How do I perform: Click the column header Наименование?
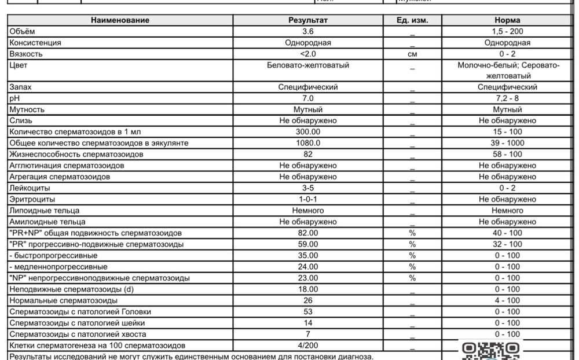tap(120, 20)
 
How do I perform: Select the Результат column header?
tap(308, 20)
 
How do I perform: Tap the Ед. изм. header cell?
tap(412, 20)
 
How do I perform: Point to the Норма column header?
tap(508, 20)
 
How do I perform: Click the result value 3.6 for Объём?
tap(308, 31)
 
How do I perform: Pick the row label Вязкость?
tap(26, 54)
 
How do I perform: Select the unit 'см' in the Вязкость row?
tap(412, 54)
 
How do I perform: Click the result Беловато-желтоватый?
tap(308, 65)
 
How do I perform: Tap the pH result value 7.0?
tap(308, 98)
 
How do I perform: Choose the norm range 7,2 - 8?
tap(508, 98)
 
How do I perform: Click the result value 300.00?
tap(308, 132)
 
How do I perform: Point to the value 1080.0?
tap(308, 143)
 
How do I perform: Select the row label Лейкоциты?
tap(30, 188)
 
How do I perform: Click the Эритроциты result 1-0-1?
tap(308, 199)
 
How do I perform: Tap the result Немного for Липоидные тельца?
tap(308, 211)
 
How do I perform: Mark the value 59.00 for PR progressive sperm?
tap(308, 244)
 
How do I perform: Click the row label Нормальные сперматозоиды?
tap(64, 300)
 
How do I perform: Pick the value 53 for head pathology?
tap(308, 312)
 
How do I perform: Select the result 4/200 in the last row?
tap(308, 346)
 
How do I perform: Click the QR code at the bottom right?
tap(492, 350)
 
